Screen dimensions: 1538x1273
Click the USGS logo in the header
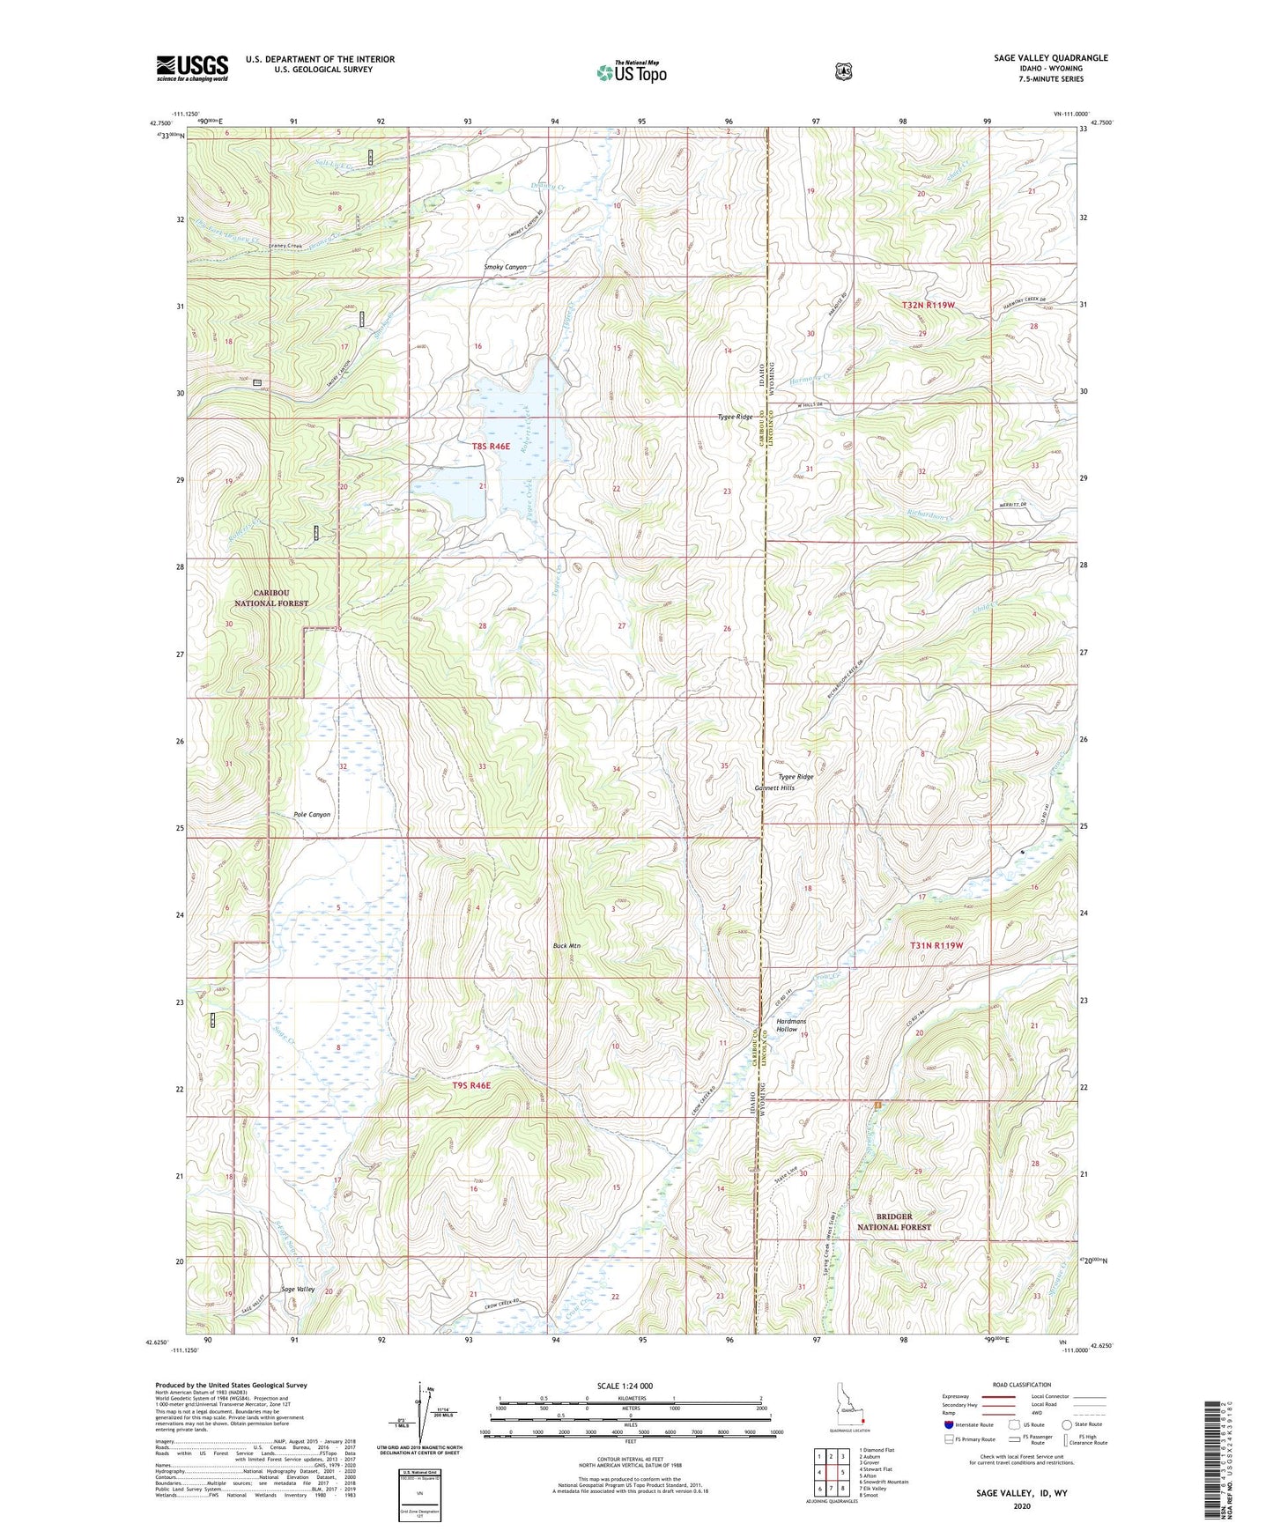pos(192,68)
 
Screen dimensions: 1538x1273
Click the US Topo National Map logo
pos(631,72)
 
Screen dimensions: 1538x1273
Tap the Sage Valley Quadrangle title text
pos(1050,58)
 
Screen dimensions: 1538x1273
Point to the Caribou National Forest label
pos(271,598)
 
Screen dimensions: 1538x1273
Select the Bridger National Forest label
pos(894,1221)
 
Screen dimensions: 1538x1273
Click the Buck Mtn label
pos(566,946)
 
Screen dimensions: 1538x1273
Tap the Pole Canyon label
pos(312,815)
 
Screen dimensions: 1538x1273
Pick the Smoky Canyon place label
pos(505,267)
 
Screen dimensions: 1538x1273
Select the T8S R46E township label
pos(491,447)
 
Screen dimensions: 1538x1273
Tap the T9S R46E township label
pos(471,1085)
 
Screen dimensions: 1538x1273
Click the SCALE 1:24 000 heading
pos(625,1386)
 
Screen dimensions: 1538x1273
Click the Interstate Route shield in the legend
pos(948,1424)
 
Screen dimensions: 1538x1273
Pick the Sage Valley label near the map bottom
pos(298,1289)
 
